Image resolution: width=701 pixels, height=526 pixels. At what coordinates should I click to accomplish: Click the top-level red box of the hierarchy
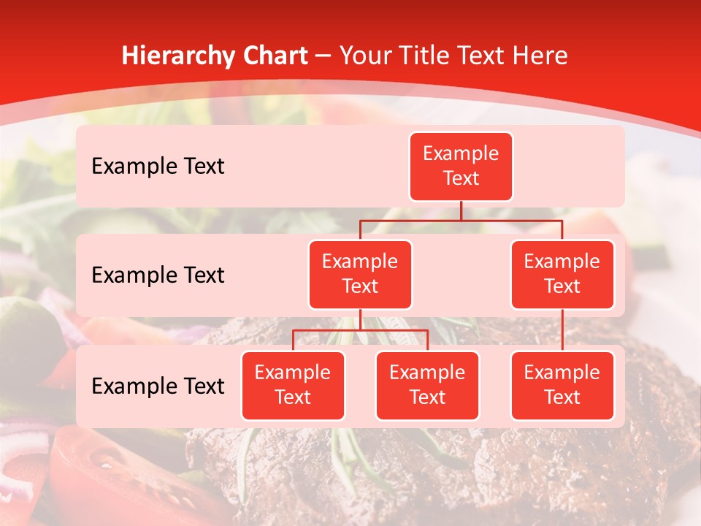[461, 167]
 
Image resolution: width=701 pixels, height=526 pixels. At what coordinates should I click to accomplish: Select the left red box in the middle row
[360, 274]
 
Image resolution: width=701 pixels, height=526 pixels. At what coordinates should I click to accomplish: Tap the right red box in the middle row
[562, 274]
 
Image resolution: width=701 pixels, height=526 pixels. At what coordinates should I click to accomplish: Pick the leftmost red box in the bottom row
[293, 385]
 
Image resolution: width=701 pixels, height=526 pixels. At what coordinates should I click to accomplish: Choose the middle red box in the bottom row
[427, 385]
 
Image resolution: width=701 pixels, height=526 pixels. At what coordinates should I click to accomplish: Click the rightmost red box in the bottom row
[562, 385]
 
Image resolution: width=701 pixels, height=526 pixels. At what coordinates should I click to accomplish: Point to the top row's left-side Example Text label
[158, 167]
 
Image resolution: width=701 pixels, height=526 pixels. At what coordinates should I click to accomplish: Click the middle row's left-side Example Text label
[158, 275]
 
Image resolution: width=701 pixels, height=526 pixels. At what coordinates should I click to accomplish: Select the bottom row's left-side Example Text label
[158, 386]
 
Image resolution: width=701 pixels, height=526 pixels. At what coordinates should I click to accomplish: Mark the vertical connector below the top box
[461, 210]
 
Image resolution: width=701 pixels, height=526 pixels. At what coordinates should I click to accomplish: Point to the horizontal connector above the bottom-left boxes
[360, 330]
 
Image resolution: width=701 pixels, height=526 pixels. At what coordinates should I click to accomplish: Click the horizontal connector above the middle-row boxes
[461, 220]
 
